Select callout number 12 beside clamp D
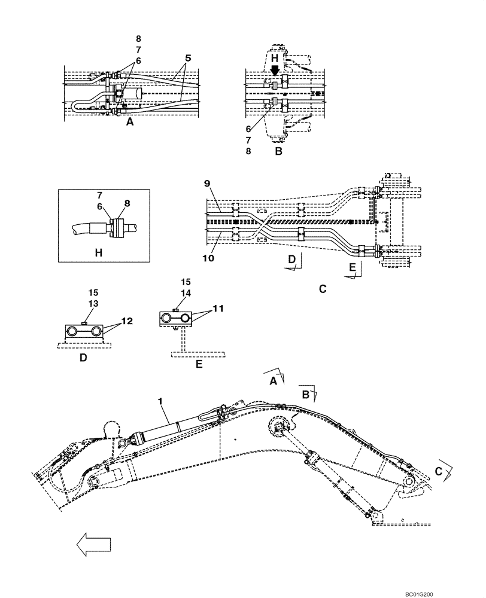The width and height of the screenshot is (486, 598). [126, 321]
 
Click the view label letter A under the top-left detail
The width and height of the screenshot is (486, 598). [129, 121]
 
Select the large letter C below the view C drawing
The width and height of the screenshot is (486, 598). [322, 289]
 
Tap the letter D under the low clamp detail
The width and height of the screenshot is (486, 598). [84, 358]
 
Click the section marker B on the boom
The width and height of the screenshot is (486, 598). [305, 394]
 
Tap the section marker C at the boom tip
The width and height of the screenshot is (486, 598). [439, 472]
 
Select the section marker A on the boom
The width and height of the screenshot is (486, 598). [273, 380]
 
